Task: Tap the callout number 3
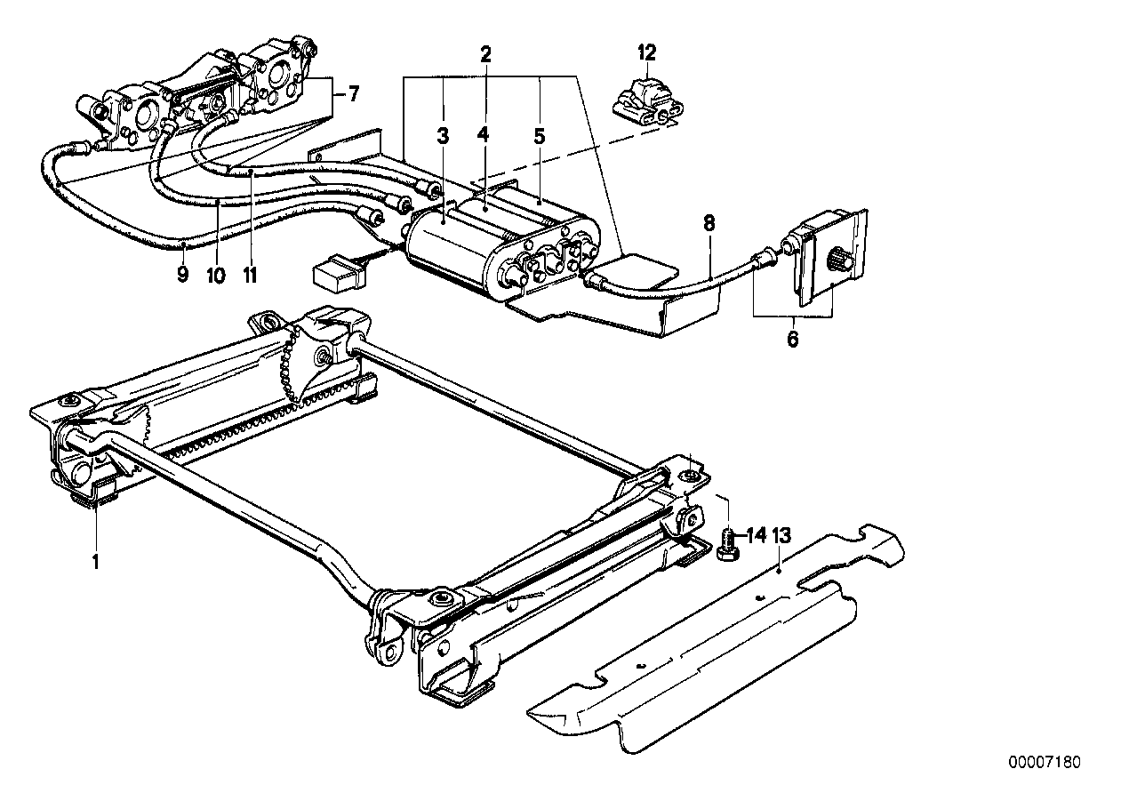(443, 136)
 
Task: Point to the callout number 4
(483, 135)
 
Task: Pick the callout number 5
(539, 136)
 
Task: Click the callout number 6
(792, 339)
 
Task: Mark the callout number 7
(353, 93)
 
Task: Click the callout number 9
(182, 275)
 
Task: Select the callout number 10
(216, 275)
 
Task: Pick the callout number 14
(755, 535)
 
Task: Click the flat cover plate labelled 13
(702, 649)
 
